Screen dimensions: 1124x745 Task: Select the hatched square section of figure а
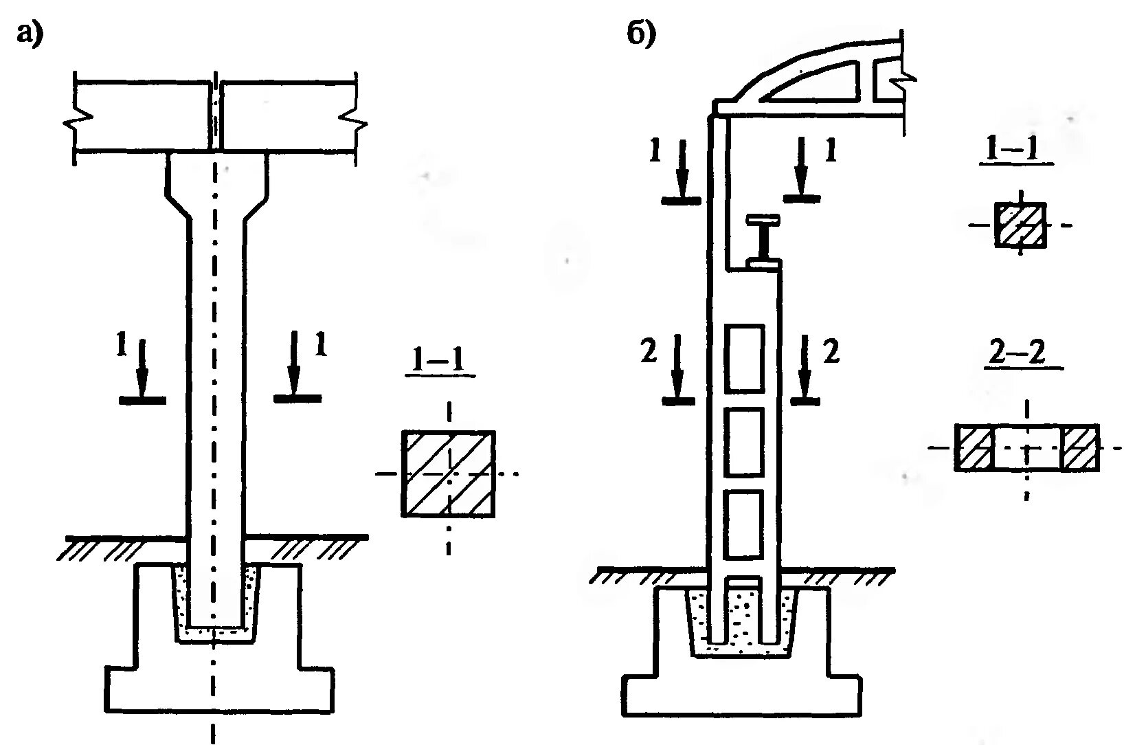tap(448, 474)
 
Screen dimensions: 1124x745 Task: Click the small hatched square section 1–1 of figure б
tap(1020, 224)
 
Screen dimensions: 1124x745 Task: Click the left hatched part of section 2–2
tap(974, 447)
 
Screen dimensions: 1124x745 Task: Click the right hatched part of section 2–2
tap(1080, 447)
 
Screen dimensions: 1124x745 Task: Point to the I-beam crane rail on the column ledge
tap(763, 241)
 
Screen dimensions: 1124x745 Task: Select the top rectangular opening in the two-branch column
tap(745, 358)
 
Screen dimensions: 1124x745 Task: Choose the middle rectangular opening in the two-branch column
tap(745, 442)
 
